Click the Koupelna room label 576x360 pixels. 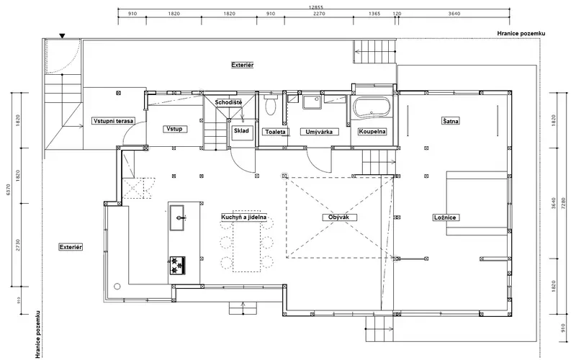pos(372,132)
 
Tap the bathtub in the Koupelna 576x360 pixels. pos(372,107)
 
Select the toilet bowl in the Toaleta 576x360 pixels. pos(271,105)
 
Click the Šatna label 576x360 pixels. pos(451,120)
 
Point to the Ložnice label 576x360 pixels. pos(445,217)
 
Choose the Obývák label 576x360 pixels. pos(338,217)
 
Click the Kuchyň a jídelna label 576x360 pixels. pos(244,217)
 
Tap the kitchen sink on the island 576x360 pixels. pos(177,217)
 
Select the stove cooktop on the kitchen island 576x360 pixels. pos(177,265)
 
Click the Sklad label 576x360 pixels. pos(241,130)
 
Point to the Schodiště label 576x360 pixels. pos(228,102)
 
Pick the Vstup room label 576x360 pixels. pos(174,129)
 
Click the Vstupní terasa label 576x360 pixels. pos(114,120)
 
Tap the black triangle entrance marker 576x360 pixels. pos(63,35)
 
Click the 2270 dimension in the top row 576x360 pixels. pos(319,14)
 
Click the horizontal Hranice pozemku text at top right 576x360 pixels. pos(521,33)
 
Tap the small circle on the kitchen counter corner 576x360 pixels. pos(117,286)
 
